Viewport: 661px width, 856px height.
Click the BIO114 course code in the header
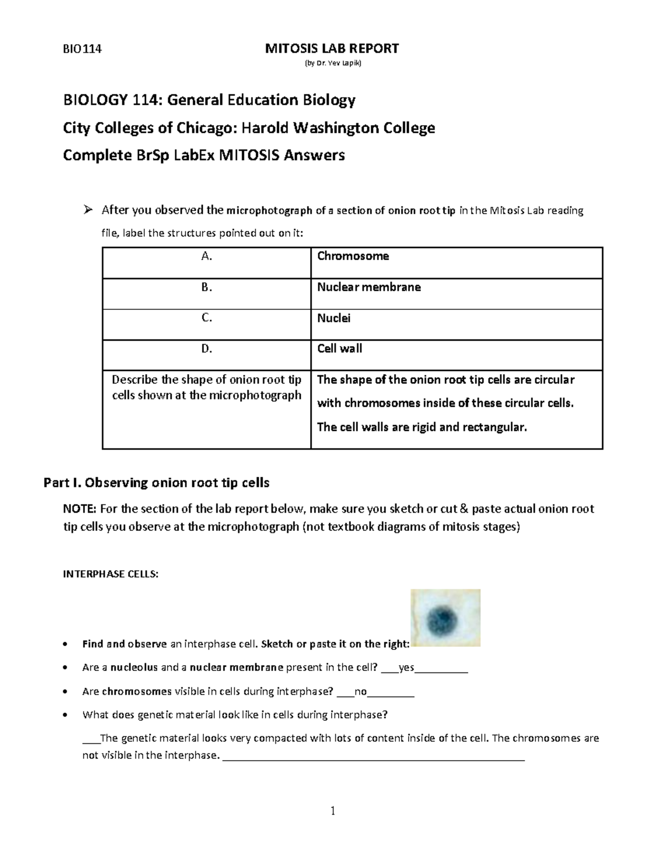pos(83,49)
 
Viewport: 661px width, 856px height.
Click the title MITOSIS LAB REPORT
pos(332,49)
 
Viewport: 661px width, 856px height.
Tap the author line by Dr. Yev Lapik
pos(333,63)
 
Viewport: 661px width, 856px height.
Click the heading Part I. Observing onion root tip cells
pos(156,483)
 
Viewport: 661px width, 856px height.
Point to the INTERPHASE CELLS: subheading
pos(111,574)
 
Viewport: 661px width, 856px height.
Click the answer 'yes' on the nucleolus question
pos(406,667)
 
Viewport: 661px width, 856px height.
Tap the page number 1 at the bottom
pos(333,810)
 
